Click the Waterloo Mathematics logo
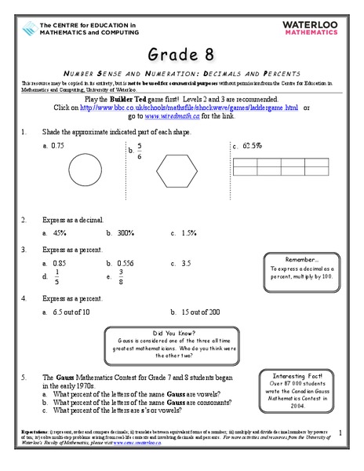pos(318,28)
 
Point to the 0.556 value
pos(124,263)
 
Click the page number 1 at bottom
pos(340,432)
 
